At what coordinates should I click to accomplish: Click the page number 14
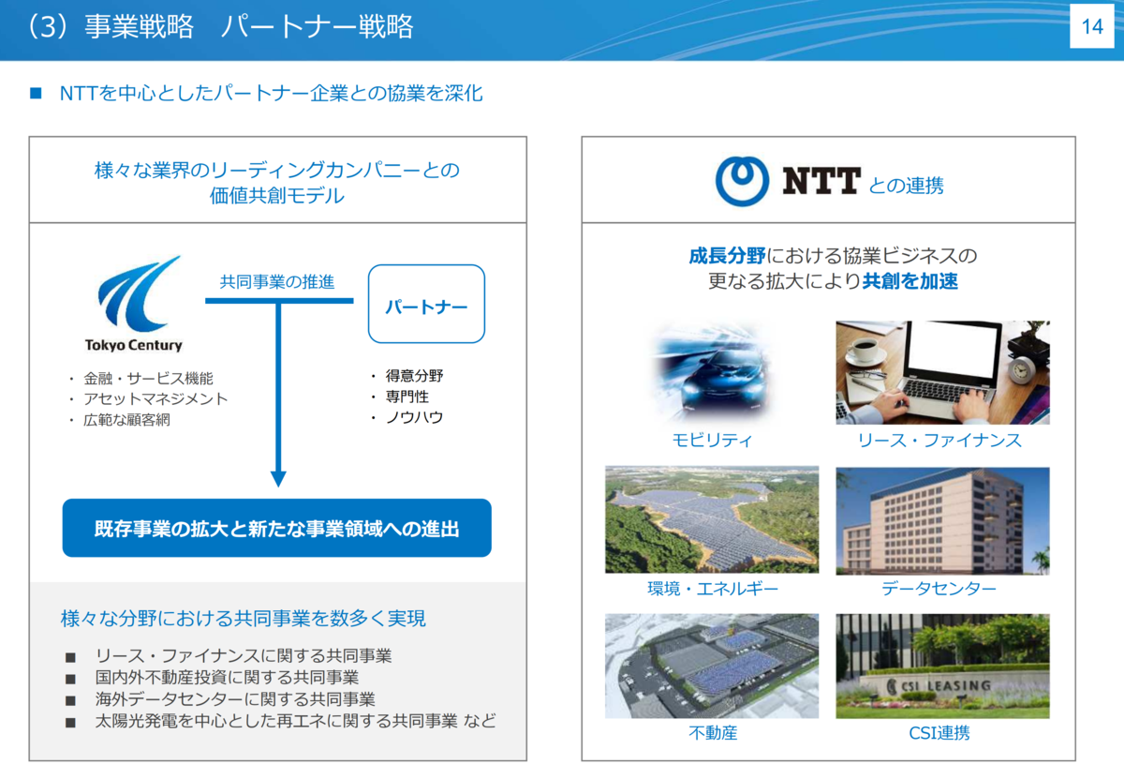click(x=1092, y=26)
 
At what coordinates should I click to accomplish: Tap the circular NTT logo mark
click(x=742, y=181)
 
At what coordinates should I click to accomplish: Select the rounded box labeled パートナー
click(x=426, y=305)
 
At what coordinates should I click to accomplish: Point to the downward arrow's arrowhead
click(x=278, y=479)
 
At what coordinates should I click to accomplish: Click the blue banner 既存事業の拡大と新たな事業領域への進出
click(x=277, y=528)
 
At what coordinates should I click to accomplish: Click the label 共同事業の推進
click(x=277, y=282)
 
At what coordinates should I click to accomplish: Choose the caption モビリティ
click(x=712, y=441)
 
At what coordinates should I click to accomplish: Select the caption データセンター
click(x=939, y=588)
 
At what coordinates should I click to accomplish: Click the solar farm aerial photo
click(x=712, y=519)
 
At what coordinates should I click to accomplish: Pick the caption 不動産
click(x=713, y=733)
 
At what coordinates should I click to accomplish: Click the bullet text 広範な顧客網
click(x=126, y=420)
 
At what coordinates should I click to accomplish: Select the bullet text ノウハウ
click(x=414, y=417)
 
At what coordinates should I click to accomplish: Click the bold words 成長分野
click(x=727, y=256)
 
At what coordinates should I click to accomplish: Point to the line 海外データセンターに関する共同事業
click(x=235, y=699)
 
